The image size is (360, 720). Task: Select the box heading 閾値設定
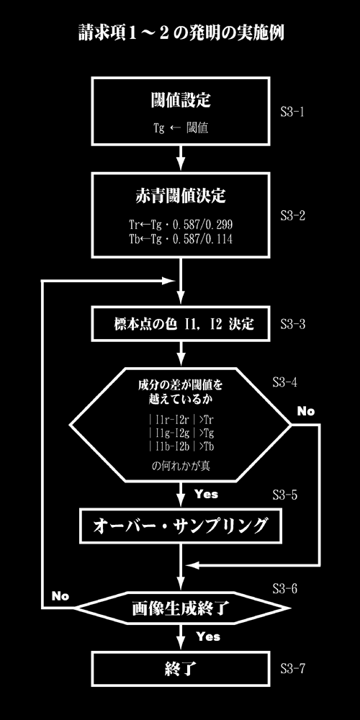click(181, 101)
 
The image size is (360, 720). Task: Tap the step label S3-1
click(292, 112)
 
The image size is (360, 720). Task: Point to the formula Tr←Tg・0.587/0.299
click(181, 225)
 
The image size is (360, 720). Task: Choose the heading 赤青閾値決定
click(181, 196)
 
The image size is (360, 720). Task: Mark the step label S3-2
click(292, 215)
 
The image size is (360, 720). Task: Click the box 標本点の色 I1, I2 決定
click(181, 325)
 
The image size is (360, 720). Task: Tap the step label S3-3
click(292, 324)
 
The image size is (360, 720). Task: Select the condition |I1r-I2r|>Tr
click(181, 420)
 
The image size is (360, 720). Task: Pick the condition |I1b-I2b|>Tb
click(181, 446)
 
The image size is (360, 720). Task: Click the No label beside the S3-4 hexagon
click(306, 411)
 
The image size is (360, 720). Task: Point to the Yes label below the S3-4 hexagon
click(206, 495)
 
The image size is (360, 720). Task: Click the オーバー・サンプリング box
click(181, 526)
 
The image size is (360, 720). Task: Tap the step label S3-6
click(284, 588)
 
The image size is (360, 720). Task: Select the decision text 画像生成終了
click(181, 608)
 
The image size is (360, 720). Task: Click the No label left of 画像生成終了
click(60, 596)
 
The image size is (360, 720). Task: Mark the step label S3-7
click(292, 669)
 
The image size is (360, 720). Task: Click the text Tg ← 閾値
click(181, 128)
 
